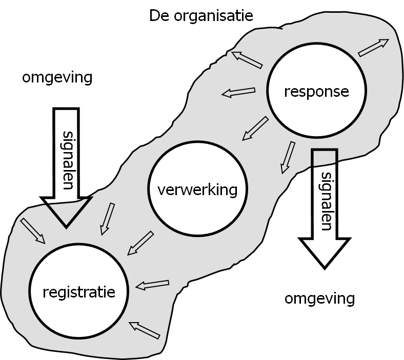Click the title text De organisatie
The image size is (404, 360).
[201, 16]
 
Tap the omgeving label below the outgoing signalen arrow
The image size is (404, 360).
[320, 298]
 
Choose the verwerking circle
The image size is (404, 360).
[197, 190]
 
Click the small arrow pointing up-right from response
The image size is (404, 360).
[373, 48]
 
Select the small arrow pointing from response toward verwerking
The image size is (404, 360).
[255, 128]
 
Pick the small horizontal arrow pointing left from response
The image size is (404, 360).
[238, 92]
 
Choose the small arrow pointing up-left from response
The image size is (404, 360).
[247, 59]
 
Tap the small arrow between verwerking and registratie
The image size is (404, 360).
[140, 243]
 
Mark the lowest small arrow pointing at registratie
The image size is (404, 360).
[145, 330]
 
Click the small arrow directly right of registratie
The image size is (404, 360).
[152, 284]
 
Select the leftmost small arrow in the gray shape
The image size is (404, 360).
[32, 231]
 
